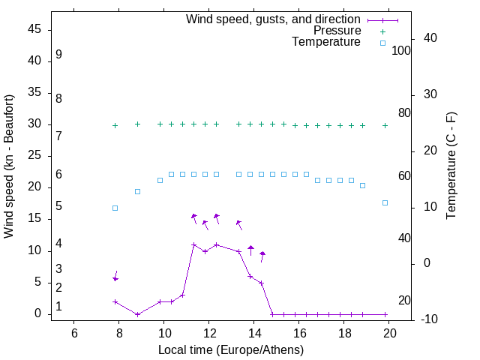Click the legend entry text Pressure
coord(338,31)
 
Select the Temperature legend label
coord(326,42)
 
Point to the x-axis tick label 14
coord(254,333)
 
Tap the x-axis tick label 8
coord(119,333)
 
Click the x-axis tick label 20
coord(389,333)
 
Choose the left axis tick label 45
coord(34,29)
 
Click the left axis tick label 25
coord(34,156)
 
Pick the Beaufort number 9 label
coord(58,55)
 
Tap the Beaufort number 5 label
coord(58,205)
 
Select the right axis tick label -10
coord(409,319)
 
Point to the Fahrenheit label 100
coord(402,51)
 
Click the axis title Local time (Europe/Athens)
coord(230,349)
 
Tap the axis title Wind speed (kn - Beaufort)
coord(9,167)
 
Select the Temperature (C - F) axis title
coord(451,166)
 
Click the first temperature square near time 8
coord(115,208)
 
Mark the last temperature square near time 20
coord(385,202)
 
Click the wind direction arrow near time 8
coord(116,276)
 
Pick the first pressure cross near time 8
coord(115,125)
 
